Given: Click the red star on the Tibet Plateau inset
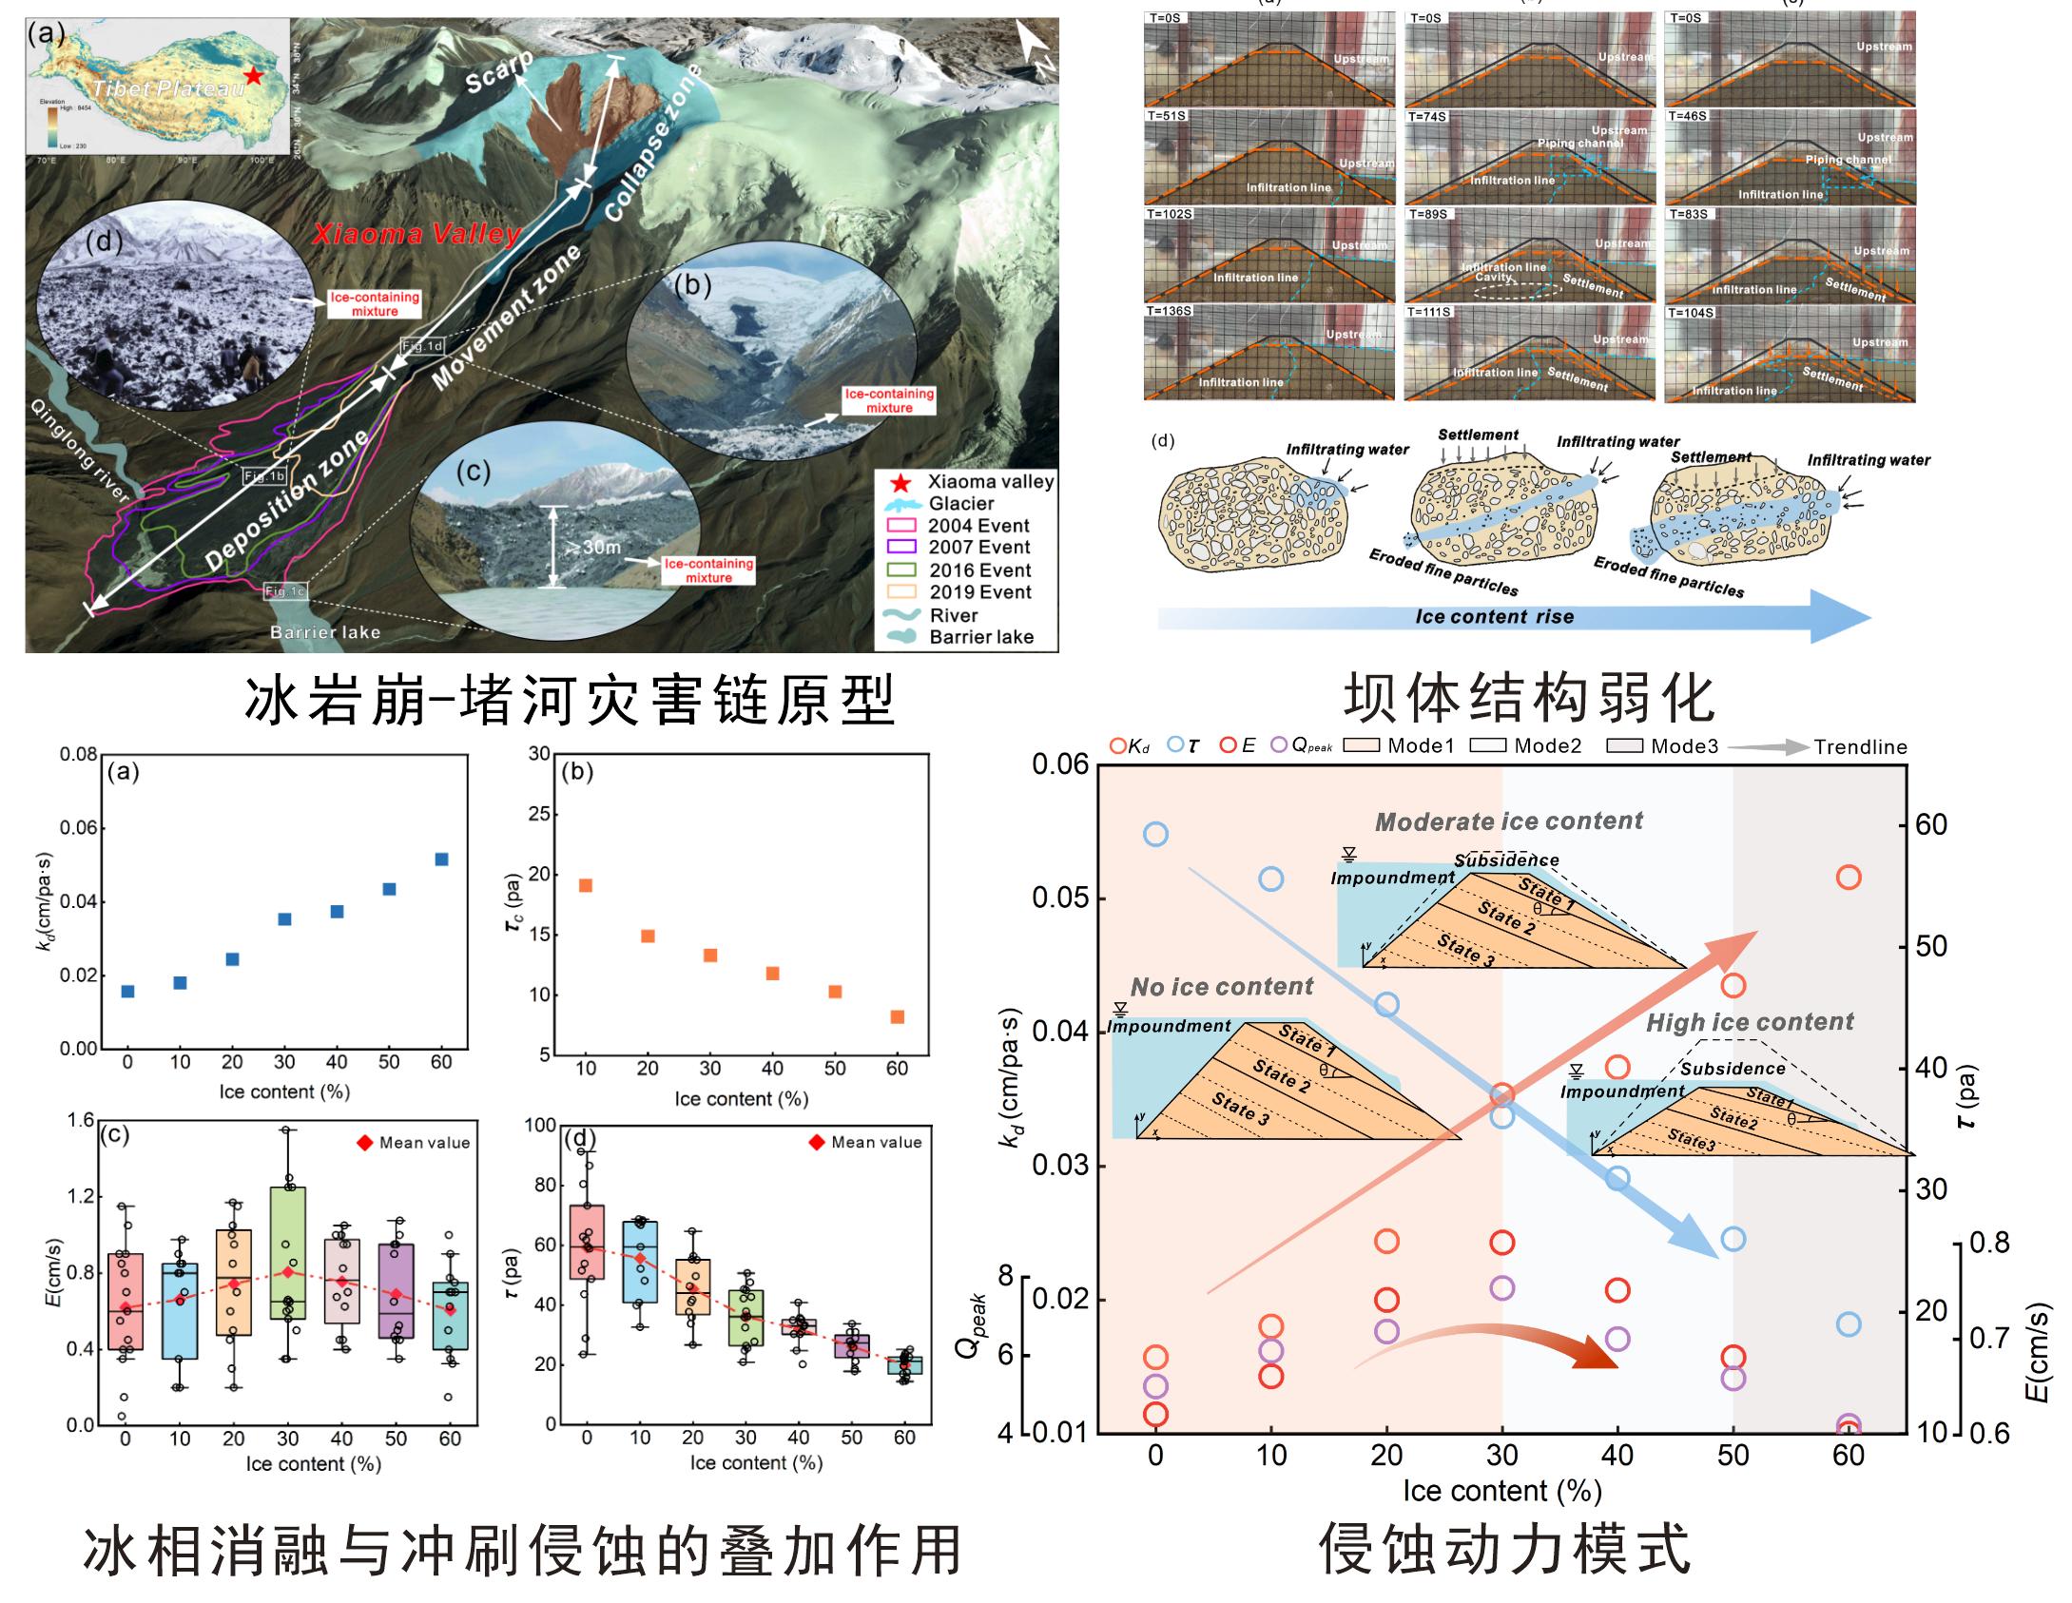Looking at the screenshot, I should [x=253, y=75].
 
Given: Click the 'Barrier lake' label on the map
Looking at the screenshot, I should [x=324, y=632].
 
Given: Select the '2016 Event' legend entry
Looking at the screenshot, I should [x=979, y=570].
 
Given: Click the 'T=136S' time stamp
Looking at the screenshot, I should [x=1171, y=311].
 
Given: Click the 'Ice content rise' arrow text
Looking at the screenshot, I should [x=1494, y=616].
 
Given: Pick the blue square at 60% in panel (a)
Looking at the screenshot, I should [x=441, y=859].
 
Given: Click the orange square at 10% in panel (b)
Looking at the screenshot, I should [x=586, y=885].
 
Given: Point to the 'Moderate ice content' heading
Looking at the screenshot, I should [x=1509, y=821].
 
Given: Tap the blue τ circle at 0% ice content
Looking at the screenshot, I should [x=1155, y=835].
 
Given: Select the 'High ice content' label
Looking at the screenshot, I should [x=1750, y=1022].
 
